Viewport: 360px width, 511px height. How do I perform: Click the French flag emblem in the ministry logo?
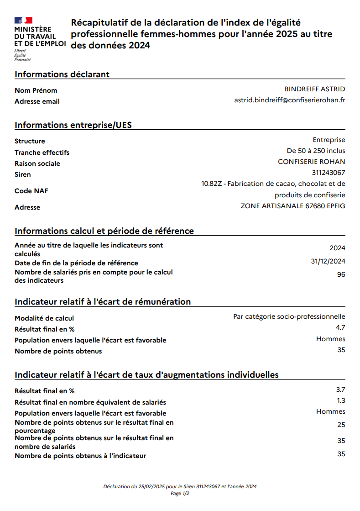(x=23, y=20)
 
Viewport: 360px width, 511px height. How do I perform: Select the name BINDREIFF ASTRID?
(x=315, y=89)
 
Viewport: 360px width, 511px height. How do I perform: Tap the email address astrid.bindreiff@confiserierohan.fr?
(x=289, y=100)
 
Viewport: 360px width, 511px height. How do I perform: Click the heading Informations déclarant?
(x=62, y=74)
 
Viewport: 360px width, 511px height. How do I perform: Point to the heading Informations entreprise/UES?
(x=73, y=125)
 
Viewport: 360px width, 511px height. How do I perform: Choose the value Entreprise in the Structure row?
(x=329, y=140)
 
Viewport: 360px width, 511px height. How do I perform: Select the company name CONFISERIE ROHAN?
(x=311, y=162)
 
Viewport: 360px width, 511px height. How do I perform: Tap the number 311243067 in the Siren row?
(x=328, y=173)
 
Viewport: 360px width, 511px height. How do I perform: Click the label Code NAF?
(x=31, y=191)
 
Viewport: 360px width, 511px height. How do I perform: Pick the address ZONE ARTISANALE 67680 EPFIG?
(x=292, y=206)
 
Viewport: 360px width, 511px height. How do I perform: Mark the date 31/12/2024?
(x=328, y=261)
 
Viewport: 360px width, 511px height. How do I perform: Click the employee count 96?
(x=341, y=274)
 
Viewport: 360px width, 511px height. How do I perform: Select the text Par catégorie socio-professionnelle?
(x=289, y=316)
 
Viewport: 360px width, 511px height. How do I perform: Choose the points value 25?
(x=341, y=425)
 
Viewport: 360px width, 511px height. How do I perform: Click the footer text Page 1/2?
(x=180, y=494)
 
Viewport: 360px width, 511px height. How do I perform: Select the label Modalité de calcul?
(x=44, y=318)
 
